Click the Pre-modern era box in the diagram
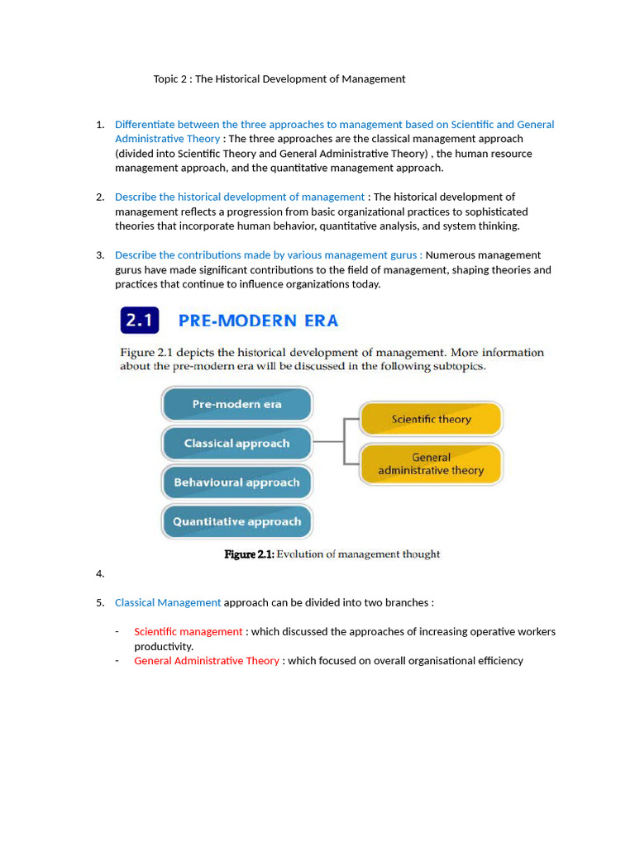click(x=236, y=405)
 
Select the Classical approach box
click(x=236, y=444)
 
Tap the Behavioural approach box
click(x=236, y=482)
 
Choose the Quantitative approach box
click(x=236, y=521)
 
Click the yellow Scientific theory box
click(x=431, y=419)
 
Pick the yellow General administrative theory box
click(x=431, y=463)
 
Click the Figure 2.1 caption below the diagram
click(x=332, y=554)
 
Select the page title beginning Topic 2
click(x=279, y=79)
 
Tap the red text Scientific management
click(x=189, y=632)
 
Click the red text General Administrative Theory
click(x=207, y=661)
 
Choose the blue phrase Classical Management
click(x=168, y=603)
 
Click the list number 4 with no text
click(x=100, y=574)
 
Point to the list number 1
click(x=100, y=125)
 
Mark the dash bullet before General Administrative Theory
click(x=117, y=661)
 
